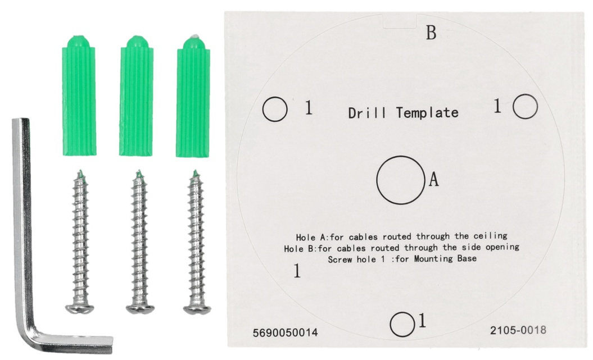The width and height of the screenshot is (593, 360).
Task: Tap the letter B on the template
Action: pos(431,33)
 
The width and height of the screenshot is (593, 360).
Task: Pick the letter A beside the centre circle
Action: pos(433,179)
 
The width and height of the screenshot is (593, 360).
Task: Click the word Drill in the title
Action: pos(367,113)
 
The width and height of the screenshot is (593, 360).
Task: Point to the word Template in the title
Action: pos(427,112)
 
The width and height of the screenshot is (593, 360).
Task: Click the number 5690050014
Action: pos(285,333)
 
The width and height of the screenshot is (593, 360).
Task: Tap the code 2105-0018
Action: pos(518,330)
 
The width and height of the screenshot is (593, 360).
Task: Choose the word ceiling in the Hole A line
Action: pos(491,236)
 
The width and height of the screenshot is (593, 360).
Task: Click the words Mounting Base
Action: pos(445,259)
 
